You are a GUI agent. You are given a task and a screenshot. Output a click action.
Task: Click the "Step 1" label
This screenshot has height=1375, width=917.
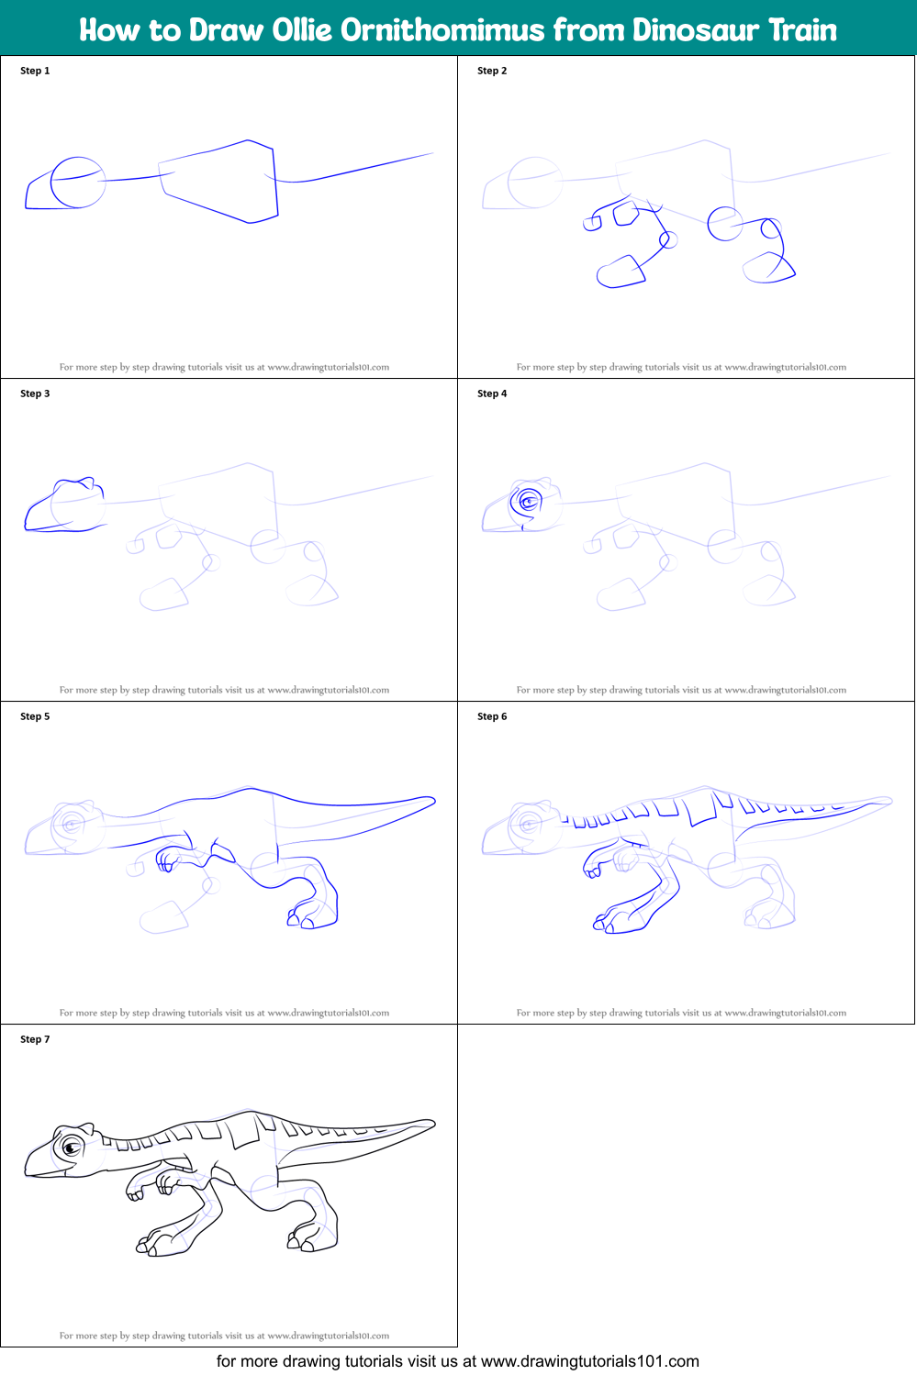[x=35, y=71]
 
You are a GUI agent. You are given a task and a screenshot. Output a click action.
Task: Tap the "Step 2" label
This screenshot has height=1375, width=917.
[x=492, y=71]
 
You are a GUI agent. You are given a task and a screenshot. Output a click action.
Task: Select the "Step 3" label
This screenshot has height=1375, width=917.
[x=35, y=394]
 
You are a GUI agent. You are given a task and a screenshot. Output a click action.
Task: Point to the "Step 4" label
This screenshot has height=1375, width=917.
[x=492, y=394]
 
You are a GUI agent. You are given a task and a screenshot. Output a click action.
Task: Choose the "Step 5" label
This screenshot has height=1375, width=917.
[x=35, y=716]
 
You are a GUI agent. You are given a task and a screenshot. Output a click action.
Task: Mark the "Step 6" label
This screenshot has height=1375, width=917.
[x=492, y=716]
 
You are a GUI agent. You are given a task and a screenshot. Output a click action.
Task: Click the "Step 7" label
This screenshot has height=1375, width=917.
[x=35, y=1039]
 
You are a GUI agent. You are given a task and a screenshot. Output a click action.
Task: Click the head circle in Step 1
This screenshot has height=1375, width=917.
[x=77, y=182]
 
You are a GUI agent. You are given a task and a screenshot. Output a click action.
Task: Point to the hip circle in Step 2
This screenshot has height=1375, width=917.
[x=725, y=223]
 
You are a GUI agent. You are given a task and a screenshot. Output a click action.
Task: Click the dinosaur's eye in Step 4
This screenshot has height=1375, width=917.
[x=528, y=502]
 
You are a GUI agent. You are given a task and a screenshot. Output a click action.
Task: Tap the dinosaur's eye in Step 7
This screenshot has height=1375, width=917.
[x=71, y=1148]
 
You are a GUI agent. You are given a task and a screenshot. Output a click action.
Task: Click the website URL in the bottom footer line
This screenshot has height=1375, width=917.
[x=589, y=1361]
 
